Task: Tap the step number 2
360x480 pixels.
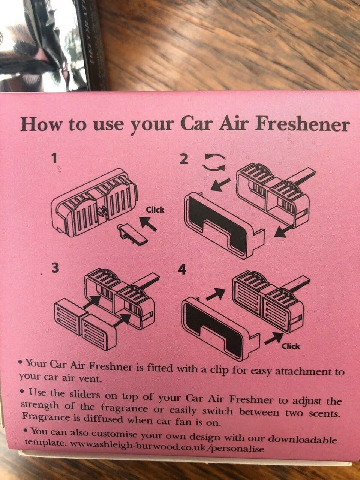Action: click(184, 159)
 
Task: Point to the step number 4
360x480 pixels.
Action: click(182, 271)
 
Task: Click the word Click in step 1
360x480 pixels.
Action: click(155, 210)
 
